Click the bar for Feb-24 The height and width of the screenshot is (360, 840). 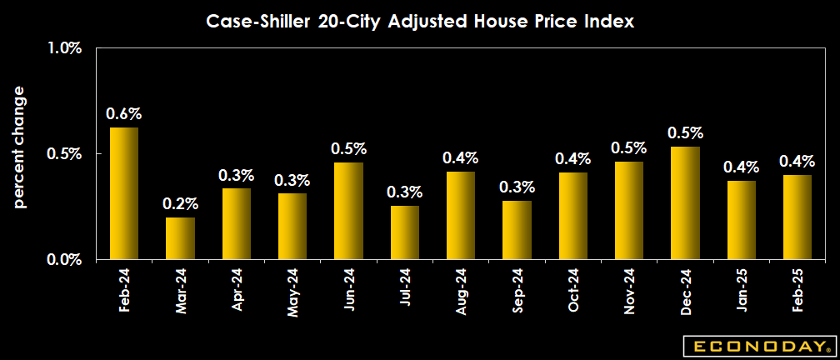click(124, 193)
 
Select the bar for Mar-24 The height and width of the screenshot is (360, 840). click(180, 238)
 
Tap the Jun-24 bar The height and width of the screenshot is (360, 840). click(348, 211)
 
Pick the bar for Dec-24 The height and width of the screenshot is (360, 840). click(685, 202)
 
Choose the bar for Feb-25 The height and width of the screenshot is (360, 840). click(797, 217)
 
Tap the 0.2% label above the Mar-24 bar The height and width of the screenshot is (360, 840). click(180, 203)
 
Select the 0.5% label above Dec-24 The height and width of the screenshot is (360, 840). click(685, 133)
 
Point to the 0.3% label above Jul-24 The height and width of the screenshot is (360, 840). click(404, 192)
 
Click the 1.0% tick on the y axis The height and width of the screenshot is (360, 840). click(64, 48)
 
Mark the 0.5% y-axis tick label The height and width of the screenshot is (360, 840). click(64, 154)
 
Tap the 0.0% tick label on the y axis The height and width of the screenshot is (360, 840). click(64, 260)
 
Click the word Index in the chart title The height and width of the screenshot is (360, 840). click(612, 22)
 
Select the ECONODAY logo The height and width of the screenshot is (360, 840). click(756, 345)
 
